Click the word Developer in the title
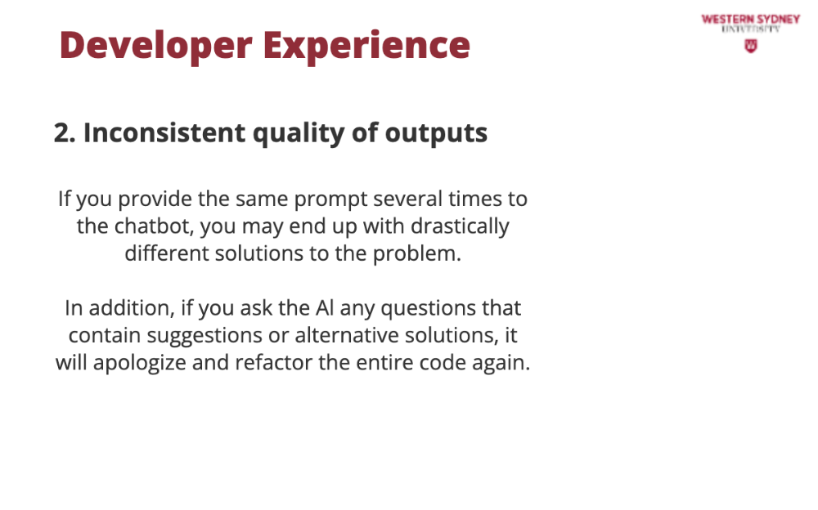pyautogui.click(x=156, y=46)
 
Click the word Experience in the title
pyautogui.click(x=366, y=46)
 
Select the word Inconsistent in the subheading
pyautogui.click(x=164, y=132)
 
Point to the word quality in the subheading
pyautogui.click(x=299, y=133)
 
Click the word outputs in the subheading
pyautogui.click(x=436, y=133)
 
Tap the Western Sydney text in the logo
pyautogui.click(x=751, y=20)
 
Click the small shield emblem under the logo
pyautogui.click(x=751, y=47)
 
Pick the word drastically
pyautogui.click(x=460, y=227)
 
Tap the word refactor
pyautogui.click(x=273, y=362)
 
